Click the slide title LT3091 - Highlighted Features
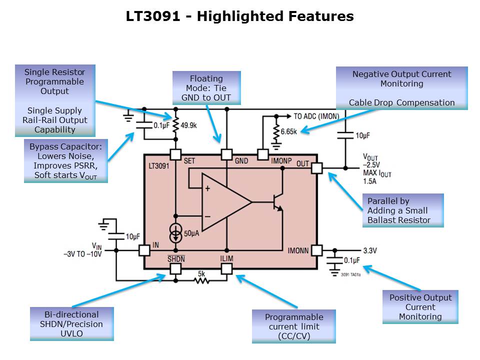[239, 16]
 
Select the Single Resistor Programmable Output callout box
[55, 100]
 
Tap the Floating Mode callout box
[206, 88]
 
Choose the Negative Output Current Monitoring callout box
[401, 88]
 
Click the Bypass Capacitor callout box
[65, 161]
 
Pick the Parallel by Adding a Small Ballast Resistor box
[403, 210]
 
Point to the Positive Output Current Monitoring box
[420, 307]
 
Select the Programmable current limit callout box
[293, 326]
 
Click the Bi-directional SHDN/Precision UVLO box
[72, 324]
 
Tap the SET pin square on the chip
[175, 154]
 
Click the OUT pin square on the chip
[316, 168]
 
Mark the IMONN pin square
[316, 250]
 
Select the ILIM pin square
[226, 268]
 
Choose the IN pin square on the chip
[144, 250]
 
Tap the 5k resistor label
[201, 273]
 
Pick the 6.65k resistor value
[289, 131]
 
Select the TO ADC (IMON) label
[316, 116]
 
